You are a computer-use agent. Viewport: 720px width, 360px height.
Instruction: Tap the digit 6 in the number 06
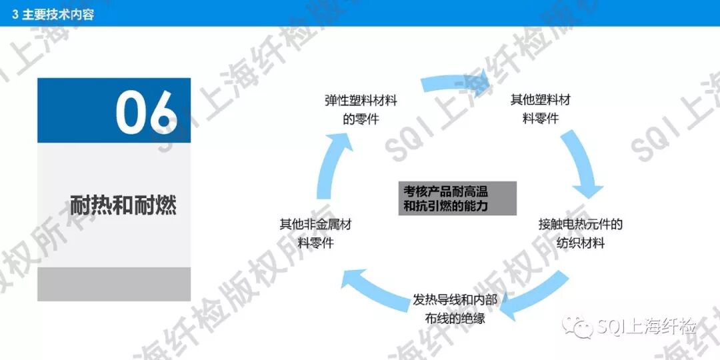pyautogui.click(x=163, y=111)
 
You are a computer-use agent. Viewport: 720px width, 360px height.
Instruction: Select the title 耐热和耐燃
pyautogui.click(x=123, y=204)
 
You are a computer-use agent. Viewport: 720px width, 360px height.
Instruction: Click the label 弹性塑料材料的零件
pyautogui.click(x=361, y=110)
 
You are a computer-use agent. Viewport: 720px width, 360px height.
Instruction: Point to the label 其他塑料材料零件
pyautogui.click(x=540, y=109)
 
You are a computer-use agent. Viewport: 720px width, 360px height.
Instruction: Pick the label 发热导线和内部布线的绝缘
pyautogui.click(x=455, y=309)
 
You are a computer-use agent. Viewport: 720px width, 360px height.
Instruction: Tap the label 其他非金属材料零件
pyautogui.click(x=315, y=233)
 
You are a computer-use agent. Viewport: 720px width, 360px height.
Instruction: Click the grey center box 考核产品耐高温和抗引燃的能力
pyautogui.click(x=458, y=198)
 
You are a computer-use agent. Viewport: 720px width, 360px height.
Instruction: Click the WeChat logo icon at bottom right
pyautogui.click(x=577, y=327)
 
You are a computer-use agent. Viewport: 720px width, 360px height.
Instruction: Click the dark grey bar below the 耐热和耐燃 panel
pyautogui.click(x=114, y=284)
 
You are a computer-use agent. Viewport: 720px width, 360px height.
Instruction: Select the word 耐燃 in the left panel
pyautogui.click(x=159, y=204)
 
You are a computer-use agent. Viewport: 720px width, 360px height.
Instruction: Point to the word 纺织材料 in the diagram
pyautogui.click(x=580, y=243)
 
